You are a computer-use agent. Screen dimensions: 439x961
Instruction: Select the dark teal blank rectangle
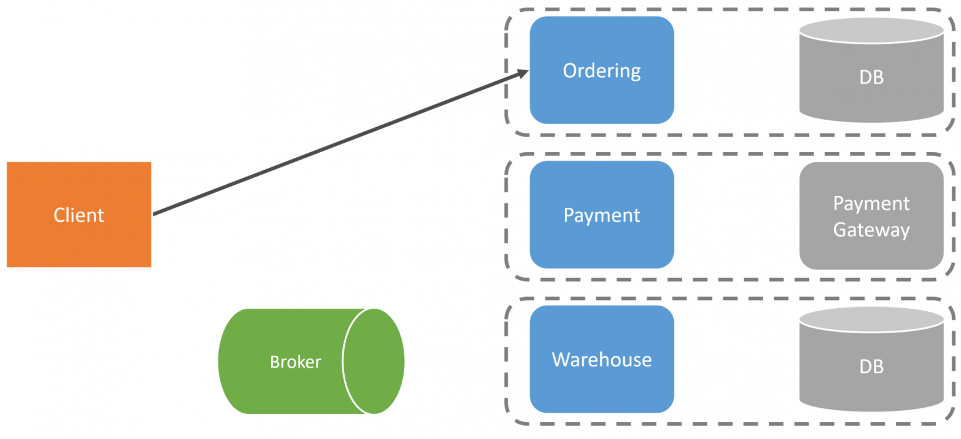click(x=119, y=89)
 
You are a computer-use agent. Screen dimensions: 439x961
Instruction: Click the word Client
click(x=79, y=215)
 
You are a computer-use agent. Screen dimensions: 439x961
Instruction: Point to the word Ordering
click(x=601, y=71)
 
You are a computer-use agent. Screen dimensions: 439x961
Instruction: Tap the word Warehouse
click(x=601, y=359)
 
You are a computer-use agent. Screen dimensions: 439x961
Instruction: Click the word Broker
click(x=295, y=362)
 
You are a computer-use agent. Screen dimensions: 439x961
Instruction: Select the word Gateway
click(x=871, y=230)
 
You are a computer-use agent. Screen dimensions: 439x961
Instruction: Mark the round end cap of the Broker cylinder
click(x=374, y=361)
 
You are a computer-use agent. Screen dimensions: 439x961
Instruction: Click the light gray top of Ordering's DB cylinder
click(x=871, y=29)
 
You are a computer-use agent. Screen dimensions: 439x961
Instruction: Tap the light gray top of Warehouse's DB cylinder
click(x=871, y=319)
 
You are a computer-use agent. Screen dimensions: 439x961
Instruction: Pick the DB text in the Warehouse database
click(x=871, y=366)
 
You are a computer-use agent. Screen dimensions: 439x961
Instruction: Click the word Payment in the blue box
click(x=601, y=215)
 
